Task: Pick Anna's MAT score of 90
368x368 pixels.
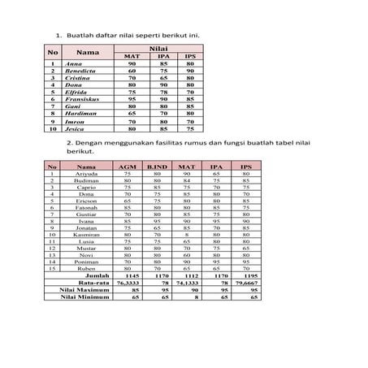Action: tap(132, 63)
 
